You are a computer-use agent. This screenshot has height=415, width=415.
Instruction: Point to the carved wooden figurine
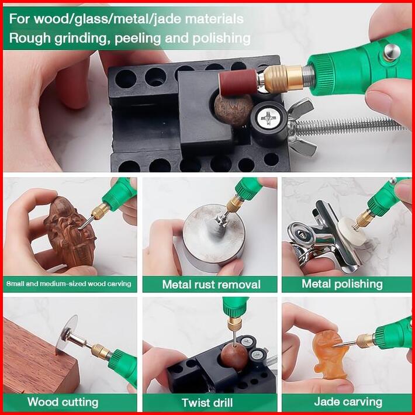pyautogui.click(x=70, y=231)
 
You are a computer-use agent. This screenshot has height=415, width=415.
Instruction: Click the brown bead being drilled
pyautogui.click(x=234, y=357)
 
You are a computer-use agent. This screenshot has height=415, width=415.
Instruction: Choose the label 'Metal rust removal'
pyautogui.click(x=211, y=285)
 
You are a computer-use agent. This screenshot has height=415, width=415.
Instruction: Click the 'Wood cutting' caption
pyautogui.click(x=63, y=402)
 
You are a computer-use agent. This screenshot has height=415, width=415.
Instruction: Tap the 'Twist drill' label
pyautogui.click(x=207, y=403)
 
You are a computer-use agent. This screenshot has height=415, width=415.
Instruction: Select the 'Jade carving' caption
pyautogui.click(x=348, y=402)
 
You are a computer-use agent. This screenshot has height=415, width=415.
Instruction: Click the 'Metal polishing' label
pyautogui.click(x=342, y=284)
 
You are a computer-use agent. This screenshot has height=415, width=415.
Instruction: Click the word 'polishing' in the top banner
pyautogui.click(x=222, y=39)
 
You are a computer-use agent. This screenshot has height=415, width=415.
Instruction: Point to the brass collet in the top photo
pyautogui.click(x=283, y=79)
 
